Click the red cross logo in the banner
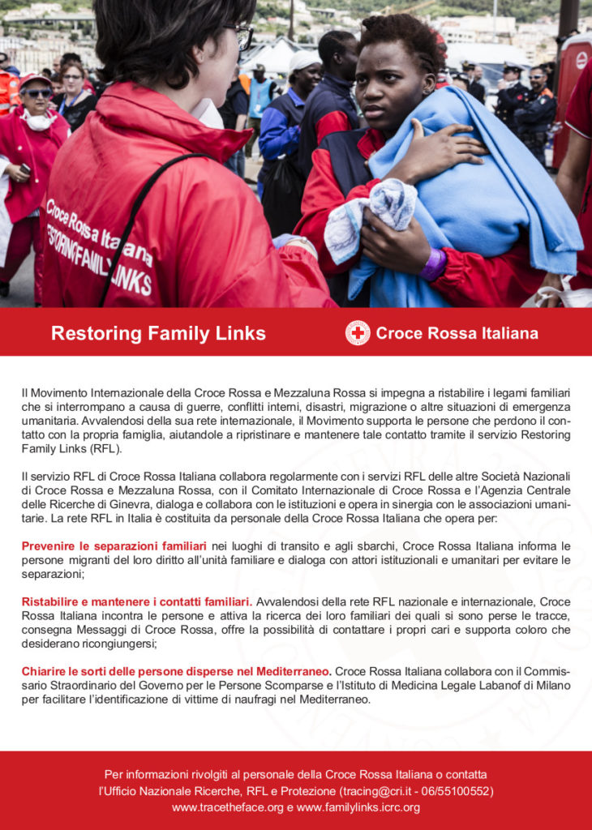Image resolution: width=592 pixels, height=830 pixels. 357,332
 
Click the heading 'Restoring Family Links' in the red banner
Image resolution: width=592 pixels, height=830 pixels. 158,333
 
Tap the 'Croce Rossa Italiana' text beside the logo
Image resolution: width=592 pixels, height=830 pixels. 457,333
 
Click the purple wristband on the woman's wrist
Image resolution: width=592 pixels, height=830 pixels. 434,264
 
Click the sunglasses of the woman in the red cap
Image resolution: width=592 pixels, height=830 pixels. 36,93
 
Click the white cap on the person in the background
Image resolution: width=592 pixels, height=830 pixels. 304,59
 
